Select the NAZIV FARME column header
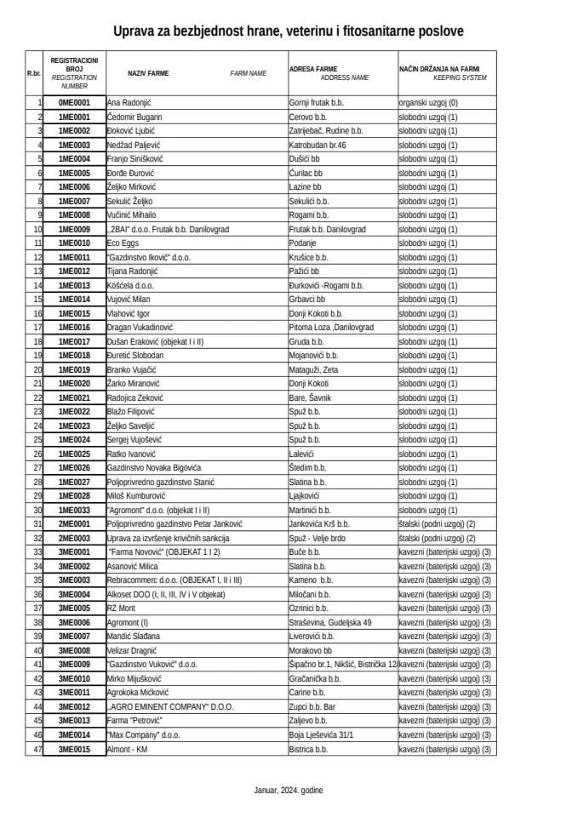point(148,73)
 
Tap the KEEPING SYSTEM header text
point(460,77)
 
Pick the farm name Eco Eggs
point(123,243)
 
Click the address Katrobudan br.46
point(318,145)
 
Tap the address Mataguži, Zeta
point(314,369)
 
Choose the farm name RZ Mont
point(121,608)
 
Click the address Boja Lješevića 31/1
point(321,734)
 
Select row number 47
point(37,749)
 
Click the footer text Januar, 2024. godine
point(289,790)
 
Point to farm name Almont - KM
point(128,749)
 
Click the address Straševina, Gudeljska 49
point(330,622)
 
